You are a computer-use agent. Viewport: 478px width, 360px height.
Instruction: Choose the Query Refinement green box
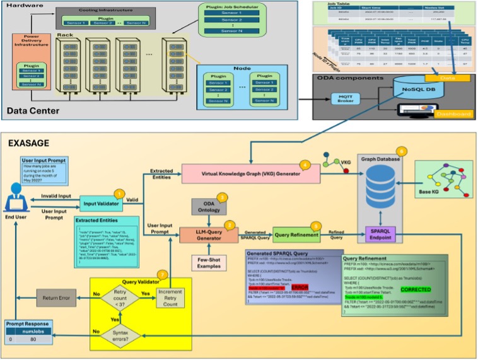pos(294,235)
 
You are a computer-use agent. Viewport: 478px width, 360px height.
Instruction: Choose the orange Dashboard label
pos(452,114)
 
